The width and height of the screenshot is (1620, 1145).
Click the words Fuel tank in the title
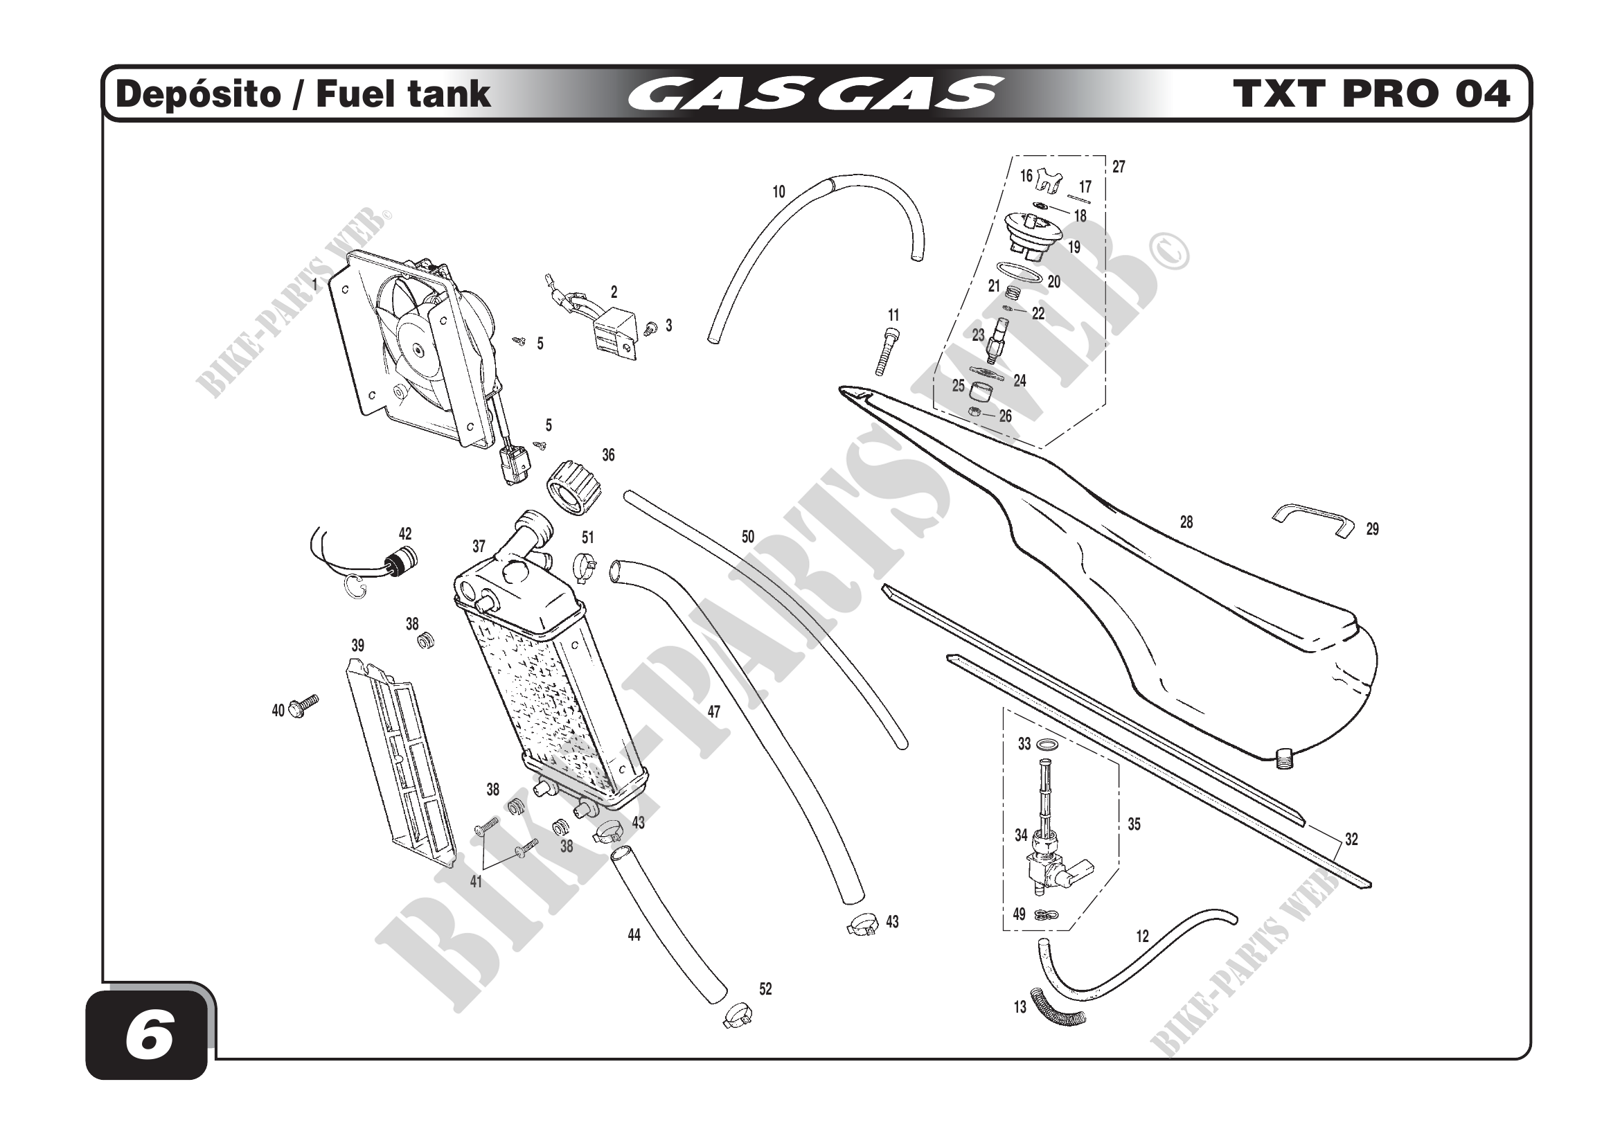403,94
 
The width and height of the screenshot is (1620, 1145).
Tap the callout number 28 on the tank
1186,522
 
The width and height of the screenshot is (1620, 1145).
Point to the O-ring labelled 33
1049,745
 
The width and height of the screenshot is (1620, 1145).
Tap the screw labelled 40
304,704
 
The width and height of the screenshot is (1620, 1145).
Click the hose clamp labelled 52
738,1017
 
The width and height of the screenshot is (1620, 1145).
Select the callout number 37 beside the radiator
479,546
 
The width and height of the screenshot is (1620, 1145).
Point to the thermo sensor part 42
400,562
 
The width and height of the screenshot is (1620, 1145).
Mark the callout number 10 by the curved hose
778,192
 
